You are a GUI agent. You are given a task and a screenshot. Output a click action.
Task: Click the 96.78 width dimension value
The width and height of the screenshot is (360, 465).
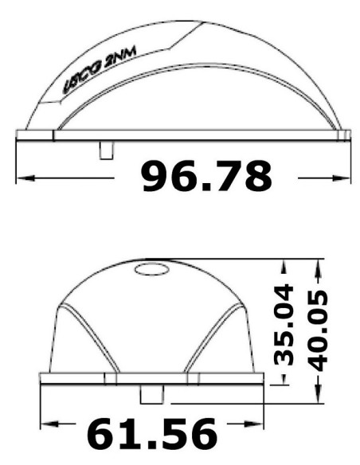(207, 177)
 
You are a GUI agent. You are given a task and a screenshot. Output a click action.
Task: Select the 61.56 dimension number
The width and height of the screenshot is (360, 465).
(152, 434)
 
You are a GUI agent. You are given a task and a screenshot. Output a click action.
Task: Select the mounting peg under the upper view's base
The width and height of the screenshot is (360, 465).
(106, 150)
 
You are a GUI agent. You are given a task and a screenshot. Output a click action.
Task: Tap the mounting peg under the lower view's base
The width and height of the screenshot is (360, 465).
(151, 394)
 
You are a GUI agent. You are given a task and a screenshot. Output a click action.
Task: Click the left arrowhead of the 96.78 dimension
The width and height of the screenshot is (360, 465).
(25, 178)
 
